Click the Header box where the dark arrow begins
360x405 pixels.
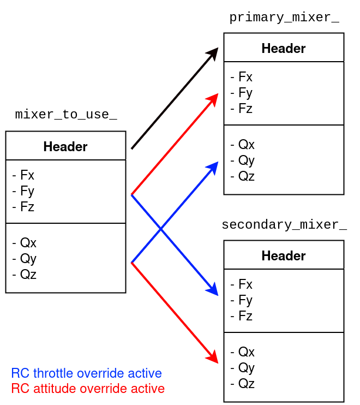point(65,146)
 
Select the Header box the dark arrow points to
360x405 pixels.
point(284,47)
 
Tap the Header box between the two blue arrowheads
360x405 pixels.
point(284,255)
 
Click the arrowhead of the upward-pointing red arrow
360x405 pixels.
point(213,98)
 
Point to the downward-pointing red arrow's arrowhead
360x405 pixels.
point(213,358)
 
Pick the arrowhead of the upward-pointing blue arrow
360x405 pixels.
point(213,166)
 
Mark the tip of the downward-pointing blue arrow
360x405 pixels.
point(213,290)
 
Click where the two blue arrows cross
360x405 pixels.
point(160,230)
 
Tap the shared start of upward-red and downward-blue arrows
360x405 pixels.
point(131,195)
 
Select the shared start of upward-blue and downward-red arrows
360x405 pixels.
point(131,263)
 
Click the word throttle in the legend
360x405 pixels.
point(53,374)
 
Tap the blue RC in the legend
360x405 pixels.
point(20,374)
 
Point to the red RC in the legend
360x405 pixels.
point(20,389)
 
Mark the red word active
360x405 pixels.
point(147,389)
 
